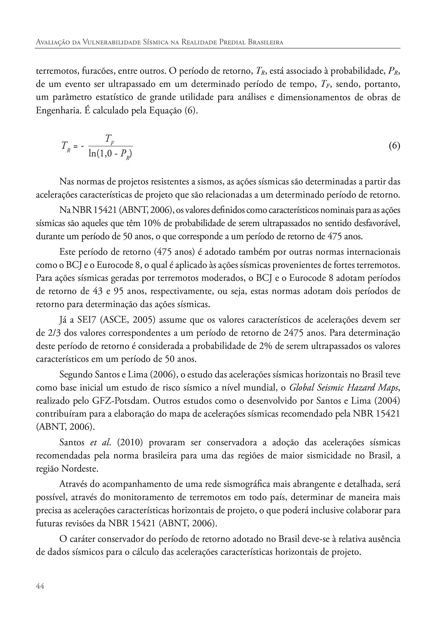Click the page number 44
(x=40, y=586)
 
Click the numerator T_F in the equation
(x=111, y=139)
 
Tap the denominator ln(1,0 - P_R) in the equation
(x=111, y=154)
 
